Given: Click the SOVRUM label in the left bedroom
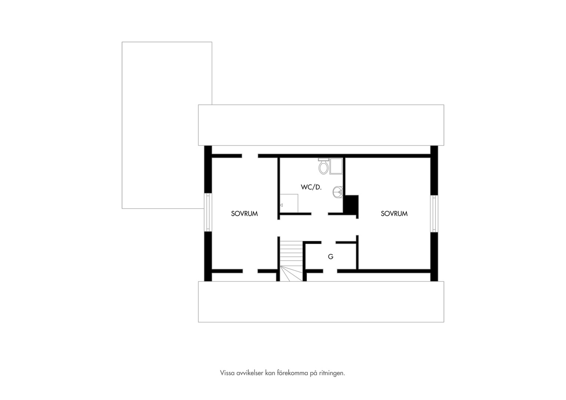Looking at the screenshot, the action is point(244,214).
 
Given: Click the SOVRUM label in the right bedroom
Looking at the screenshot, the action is point(394,214).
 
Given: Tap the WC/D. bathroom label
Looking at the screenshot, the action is point(311,187).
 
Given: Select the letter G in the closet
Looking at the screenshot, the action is point(330,257).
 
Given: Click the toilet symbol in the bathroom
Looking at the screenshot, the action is point(323,166).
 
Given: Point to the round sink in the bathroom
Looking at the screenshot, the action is point(337,193).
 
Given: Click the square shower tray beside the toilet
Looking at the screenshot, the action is point(336,166).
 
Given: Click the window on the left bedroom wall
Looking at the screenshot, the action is point(208,212).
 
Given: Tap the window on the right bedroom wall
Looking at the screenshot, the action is point(434,214).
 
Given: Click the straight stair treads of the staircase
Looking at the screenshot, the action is point(291,253).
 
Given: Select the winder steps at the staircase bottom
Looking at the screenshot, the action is point(291,274).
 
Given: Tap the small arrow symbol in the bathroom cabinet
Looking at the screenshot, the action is point(281,205).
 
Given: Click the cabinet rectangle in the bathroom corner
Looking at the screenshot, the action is point(289,203).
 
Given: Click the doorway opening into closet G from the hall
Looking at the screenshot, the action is point(329,243).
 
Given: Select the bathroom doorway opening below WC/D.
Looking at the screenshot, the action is point(320,214).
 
